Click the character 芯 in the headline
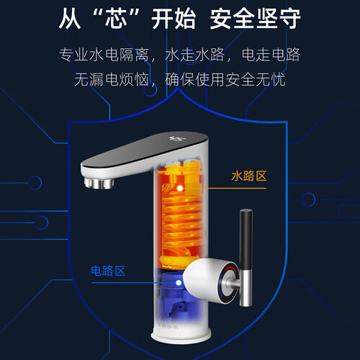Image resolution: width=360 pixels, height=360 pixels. pos(116,19)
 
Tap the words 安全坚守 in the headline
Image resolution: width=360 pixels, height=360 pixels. pos(256,19)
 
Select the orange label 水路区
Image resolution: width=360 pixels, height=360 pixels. pos(249,176)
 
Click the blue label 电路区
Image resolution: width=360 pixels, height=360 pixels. pos(108,271)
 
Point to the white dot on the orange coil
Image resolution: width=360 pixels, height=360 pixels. pos(179,189)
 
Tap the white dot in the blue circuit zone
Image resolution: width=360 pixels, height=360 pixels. pos(179,283)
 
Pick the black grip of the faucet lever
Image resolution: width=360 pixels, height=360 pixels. pos(246,239)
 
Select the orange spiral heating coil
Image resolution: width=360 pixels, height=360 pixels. pos(181,220)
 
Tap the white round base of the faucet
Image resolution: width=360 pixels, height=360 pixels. pos(181,333)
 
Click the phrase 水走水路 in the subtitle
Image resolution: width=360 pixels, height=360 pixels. pos(194,55)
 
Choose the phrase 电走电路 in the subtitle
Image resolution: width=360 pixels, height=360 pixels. pos(271,55)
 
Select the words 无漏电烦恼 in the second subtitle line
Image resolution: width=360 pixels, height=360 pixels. pos(112,80)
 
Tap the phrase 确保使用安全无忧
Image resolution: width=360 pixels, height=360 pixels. pos(225,80)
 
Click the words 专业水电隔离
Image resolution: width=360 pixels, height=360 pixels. pos(104,55)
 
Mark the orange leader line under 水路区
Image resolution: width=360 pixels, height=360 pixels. pos(225,188)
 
